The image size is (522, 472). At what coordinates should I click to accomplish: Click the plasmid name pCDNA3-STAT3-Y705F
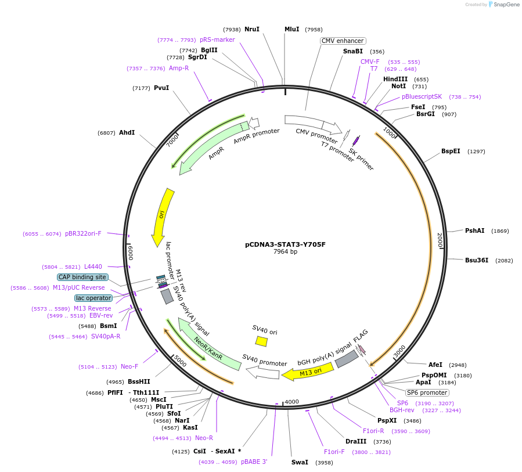click(285, 244)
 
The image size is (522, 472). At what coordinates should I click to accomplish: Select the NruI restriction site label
click(251, 29)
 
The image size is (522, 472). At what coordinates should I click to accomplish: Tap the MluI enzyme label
click(291, 29)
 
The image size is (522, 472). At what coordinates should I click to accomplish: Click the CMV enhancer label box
click(343, 41)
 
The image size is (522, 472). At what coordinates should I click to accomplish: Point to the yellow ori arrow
click(161, 216)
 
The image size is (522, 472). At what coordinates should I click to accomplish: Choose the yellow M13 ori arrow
click(308, 371)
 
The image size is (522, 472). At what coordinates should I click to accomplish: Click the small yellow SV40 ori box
click(261, 341)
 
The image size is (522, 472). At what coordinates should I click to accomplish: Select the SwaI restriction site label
click(300, 462)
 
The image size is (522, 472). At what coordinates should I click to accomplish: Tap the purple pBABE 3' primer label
click(254, 462)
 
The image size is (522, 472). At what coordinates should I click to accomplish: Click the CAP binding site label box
click(82, 277)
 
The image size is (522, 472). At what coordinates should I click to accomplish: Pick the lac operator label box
click(93, 298)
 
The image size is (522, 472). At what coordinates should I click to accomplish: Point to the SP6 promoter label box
click(427, 392)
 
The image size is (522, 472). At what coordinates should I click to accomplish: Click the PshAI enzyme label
click(474, 230)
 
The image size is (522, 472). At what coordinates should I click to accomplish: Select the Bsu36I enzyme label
click(476, 260)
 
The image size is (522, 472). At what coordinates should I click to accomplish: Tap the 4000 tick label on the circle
click(291, 402)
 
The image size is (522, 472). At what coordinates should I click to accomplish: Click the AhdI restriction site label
click(127, 132)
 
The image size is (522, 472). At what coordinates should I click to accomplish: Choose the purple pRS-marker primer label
click(217, 39)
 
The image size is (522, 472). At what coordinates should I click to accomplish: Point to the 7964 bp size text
click(285, 252)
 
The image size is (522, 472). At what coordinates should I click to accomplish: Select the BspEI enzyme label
click(451, 151)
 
